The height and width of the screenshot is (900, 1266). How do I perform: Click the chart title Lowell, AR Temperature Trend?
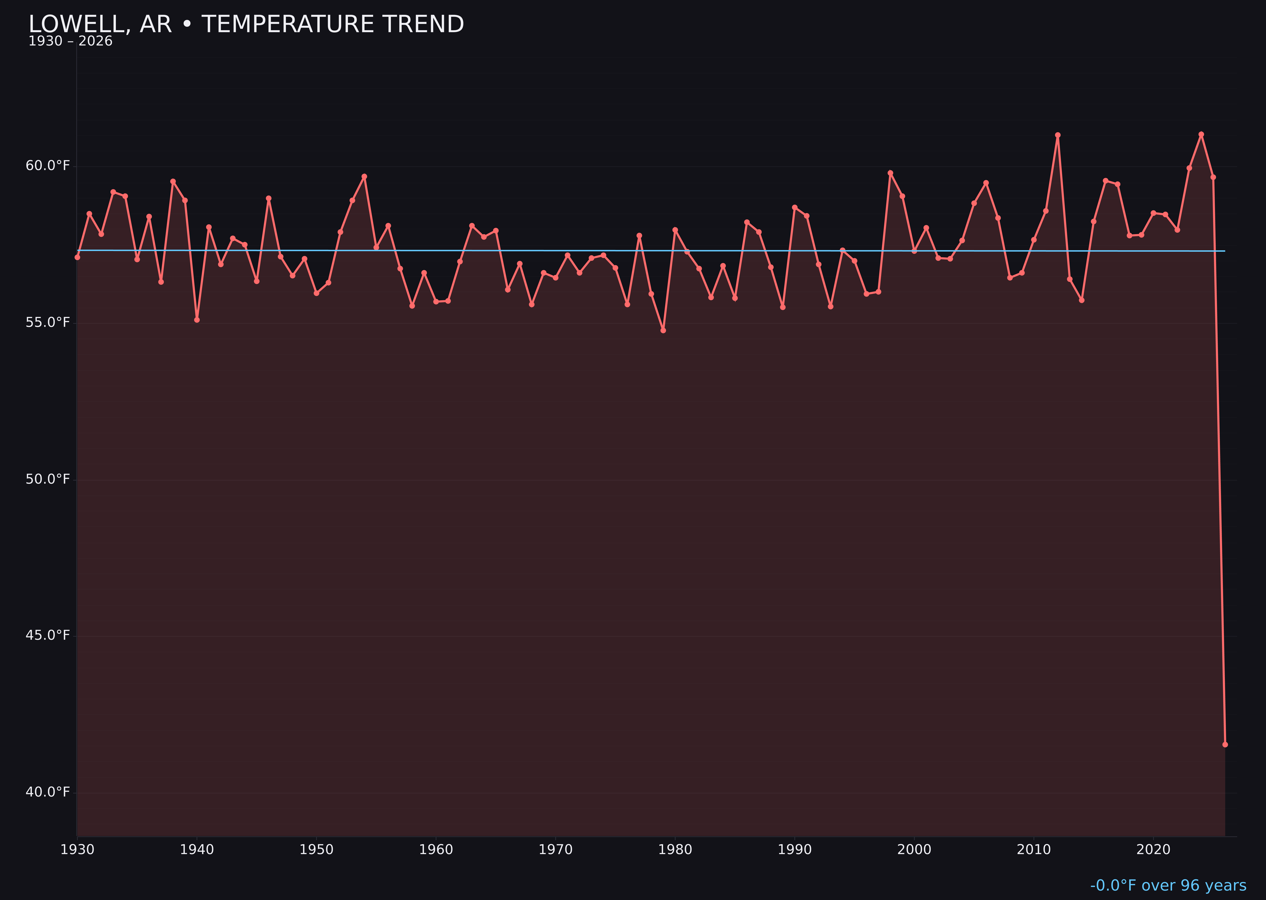(246, 24)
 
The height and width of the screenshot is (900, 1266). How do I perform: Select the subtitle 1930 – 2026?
(70, 41)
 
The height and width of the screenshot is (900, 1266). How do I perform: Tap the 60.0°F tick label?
(48, 166)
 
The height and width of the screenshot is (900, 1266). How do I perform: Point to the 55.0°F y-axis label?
(48, 322)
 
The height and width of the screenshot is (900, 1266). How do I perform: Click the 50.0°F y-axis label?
(48, 479)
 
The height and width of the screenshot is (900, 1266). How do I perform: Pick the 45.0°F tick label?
(48, 635)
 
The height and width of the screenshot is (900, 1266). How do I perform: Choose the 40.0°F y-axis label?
(48, 792)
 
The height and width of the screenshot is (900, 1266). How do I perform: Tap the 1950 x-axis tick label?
(316, 850)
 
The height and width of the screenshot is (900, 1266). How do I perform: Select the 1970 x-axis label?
(555, 850)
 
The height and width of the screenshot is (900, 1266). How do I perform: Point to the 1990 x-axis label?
(795, 850)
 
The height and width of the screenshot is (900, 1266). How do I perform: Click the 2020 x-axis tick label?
(1153, 850)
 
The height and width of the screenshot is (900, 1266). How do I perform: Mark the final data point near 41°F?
(1225, 744)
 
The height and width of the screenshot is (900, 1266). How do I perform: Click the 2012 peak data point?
(1058, 135)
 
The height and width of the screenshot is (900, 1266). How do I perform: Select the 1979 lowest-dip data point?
(663, 330)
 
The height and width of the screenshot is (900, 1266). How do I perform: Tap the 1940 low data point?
(197, 320)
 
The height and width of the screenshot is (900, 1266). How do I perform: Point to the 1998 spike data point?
(890, 173)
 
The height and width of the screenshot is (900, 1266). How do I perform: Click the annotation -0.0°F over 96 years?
(1168, 885)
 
